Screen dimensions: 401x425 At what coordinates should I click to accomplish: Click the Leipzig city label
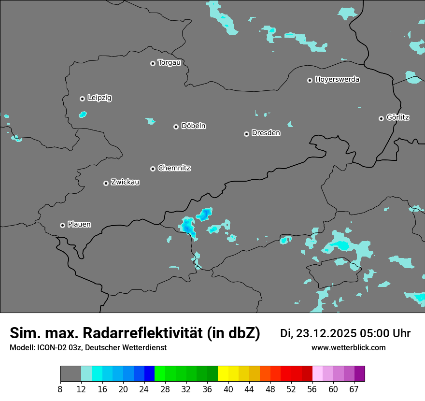[x=99, y=98]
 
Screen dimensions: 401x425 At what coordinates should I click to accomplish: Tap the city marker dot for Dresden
[x=246, y=134]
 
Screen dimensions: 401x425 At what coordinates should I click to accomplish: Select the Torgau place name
[x=169, y=63]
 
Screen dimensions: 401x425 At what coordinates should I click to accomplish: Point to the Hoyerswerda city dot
[x=310, y=80]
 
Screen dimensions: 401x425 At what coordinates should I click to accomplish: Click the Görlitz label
[x=398, y=117]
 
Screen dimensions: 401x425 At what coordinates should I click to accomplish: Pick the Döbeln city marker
[x=176, y=127]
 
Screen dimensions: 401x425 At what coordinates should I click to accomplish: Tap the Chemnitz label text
[x=174, y=168]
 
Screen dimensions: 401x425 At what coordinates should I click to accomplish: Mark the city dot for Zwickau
[x=106, y=183]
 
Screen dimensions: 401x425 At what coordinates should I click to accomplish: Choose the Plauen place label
[x=79, y=225]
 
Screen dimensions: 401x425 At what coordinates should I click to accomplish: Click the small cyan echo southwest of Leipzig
[x=83, y=115]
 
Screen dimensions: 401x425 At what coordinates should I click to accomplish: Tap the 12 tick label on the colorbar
[x=81, y=389]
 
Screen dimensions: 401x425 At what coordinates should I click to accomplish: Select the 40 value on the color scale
[x=228, y=389]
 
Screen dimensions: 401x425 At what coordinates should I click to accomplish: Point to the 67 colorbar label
[x=354, y=389]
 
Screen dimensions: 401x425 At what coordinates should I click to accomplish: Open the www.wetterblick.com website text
[x=348, y=348]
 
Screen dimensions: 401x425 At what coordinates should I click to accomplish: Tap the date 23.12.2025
[x=326, y=333]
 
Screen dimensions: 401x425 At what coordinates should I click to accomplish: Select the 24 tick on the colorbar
[x=144, y=389]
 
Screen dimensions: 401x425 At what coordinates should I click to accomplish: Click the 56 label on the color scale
[x=312, y=389]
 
